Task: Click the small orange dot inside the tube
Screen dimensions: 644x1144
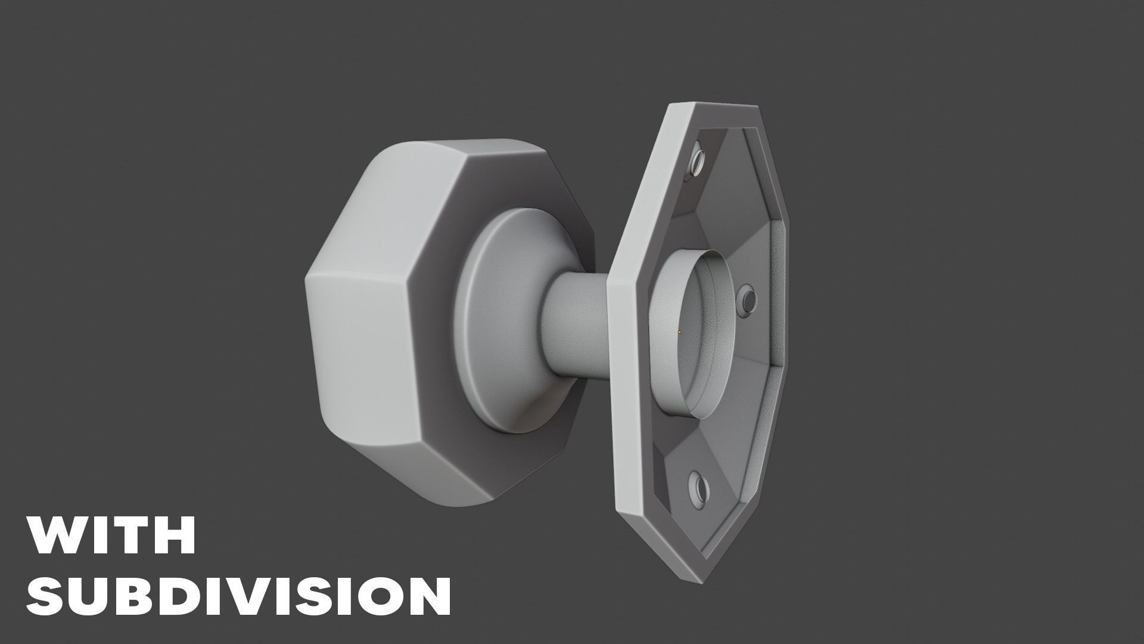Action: tap(679, 332)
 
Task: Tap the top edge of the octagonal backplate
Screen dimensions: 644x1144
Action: tap(715, 107)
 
